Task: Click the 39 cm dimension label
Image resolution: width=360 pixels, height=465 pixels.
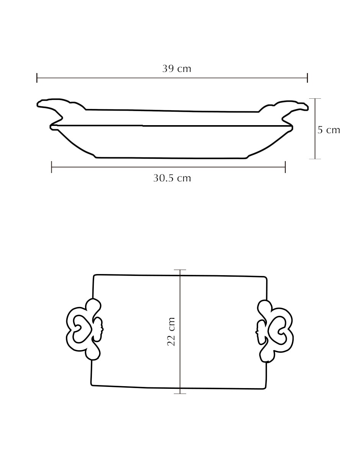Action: coord(177,69)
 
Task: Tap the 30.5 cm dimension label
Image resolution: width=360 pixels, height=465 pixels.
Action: coord(172,178)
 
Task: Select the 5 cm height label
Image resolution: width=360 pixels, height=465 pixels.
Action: coord(329,130)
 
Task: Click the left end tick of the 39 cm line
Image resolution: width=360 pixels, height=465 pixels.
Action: coord(37,78)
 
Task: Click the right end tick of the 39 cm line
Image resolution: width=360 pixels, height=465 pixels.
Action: coord(308,78)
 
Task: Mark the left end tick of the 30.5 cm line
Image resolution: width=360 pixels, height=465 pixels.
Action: coord(52,167)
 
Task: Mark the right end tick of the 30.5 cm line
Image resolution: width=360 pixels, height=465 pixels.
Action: coord(285,167)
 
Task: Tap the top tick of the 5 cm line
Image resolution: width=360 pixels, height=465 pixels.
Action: coord(315,99)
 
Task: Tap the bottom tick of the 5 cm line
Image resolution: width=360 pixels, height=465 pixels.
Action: coord(315,159)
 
